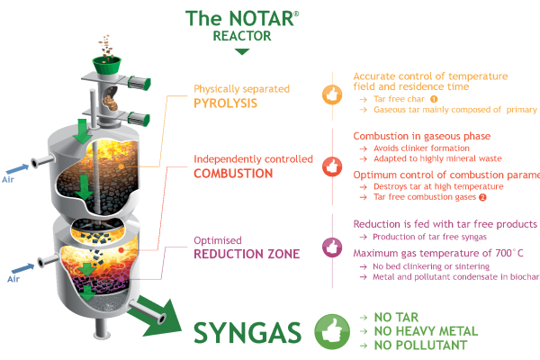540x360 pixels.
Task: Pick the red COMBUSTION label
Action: (235, 173)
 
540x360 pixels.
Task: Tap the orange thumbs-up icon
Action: (331, 94)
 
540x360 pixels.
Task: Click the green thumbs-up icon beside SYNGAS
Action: (330, 331)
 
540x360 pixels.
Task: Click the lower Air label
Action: (13, 279)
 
